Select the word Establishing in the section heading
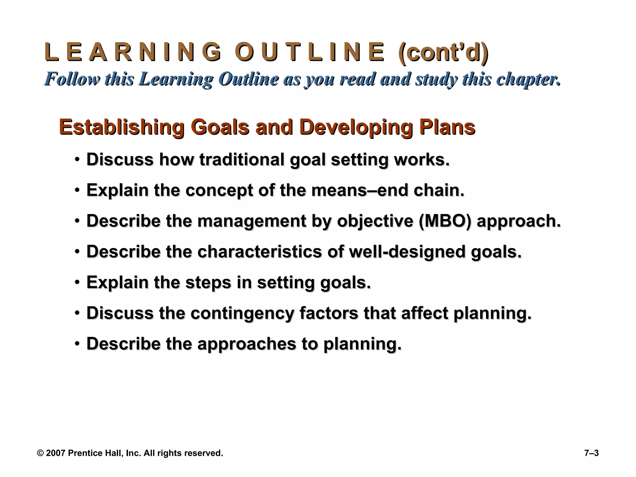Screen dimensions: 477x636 pyautogui.click(x=121, y=127)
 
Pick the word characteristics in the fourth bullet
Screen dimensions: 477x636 pyautogui.click(x=260, y=252)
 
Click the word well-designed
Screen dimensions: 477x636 pyautogui.click(x=407, y=252)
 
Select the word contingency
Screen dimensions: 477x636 pyautogui.click(x=242, y=313)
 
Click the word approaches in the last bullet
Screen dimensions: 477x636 pyautogui.click(x=247, y=344)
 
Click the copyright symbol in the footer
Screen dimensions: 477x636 pyautogui.click(x=40, y=453)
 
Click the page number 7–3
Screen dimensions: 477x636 pyautogui.click(x=591, y=453)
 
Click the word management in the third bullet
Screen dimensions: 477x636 pyautogui.click(x=252, y=221)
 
